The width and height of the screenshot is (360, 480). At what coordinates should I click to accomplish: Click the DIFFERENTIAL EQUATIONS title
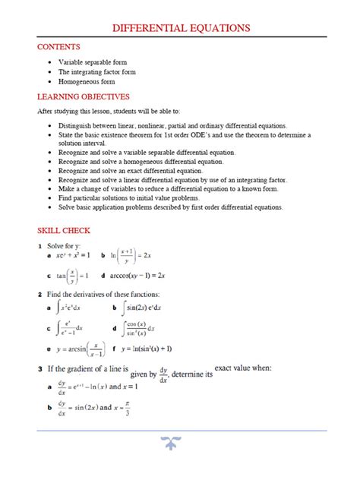(x=181, y=29)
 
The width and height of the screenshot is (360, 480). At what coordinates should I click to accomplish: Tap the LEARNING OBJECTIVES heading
(x=84, y=96)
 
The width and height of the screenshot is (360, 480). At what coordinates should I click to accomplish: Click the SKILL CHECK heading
(x=64, y=229)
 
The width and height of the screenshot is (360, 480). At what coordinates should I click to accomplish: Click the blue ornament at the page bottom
(x=180, y=444)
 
